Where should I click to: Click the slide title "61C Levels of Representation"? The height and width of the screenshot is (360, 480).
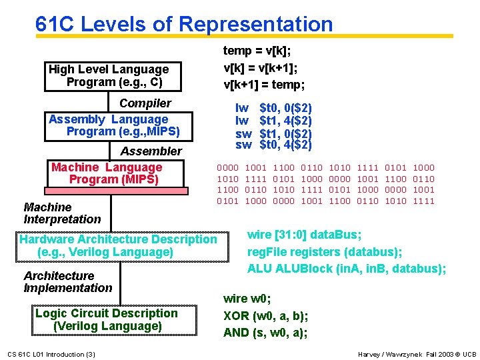[x=184, y=24]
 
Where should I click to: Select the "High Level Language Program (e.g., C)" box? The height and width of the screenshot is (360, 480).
[x=109, y=75]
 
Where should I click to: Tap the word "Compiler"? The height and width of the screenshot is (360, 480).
[x=145, y=103]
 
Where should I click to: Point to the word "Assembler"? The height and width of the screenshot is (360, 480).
[x=151, y=151]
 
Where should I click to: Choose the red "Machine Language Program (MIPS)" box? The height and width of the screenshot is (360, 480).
[x=107, y=173]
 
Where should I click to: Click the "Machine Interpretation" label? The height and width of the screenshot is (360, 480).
[x=62, y=213]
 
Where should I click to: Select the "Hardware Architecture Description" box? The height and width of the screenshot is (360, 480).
[x=119, y=245]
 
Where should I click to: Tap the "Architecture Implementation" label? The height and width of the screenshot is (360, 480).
[x=67, y=282]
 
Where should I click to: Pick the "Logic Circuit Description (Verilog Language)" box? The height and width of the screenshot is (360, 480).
[x=107, y=319]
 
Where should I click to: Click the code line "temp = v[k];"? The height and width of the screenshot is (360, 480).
[x=257, y=51]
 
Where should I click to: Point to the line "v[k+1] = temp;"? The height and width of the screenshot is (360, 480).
[x=264, y=85]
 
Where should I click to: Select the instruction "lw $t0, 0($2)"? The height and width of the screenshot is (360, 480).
[x=273, y=108]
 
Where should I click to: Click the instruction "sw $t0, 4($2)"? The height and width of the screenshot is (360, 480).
[x=273, y=145]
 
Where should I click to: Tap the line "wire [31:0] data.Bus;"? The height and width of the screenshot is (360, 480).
[x=304, y=235]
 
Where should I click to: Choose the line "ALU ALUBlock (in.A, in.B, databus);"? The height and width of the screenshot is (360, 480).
[x=346, y=269]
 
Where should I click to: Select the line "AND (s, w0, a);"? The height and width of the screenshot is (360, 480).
[x=265, y=333]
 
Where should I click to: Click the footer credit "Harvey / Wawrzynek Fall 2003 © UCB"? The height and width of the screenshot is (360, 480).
[x=417, y=354]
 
